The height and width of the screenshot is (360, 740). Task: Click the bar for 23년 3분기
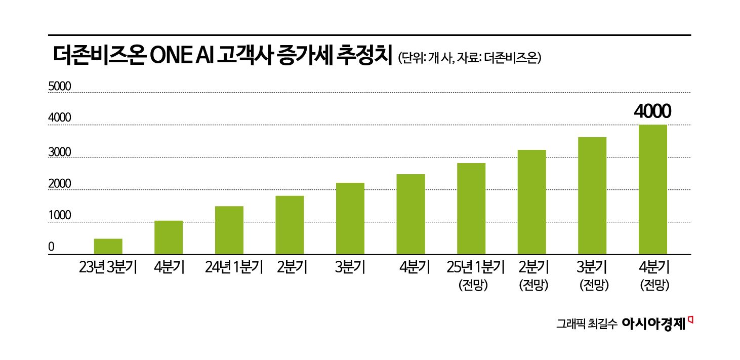click(x=108, y=246)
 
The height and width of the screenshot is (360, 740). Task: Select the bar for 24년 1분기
click(x=229, y=230)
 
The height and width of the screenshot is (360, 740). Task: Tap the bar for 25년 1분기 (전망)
click(x=471, y=209)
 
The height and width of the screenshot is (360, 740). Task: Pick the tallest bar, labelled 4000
click(x=652, y=189)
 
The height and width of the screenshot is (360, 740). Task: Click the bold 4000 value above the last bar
click(x=652, y=111)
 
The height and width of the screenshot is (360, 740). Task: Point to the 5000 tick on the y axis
click(x=59, y=87)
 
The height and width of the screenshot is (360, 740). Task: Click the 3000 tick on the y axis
click(x=59, y=151)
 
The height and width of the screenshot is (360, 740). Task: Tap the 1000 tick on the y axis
click(x=59, y=216)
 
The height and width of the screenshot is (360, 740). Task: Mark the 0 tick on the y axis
click(x=51, y=248)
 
